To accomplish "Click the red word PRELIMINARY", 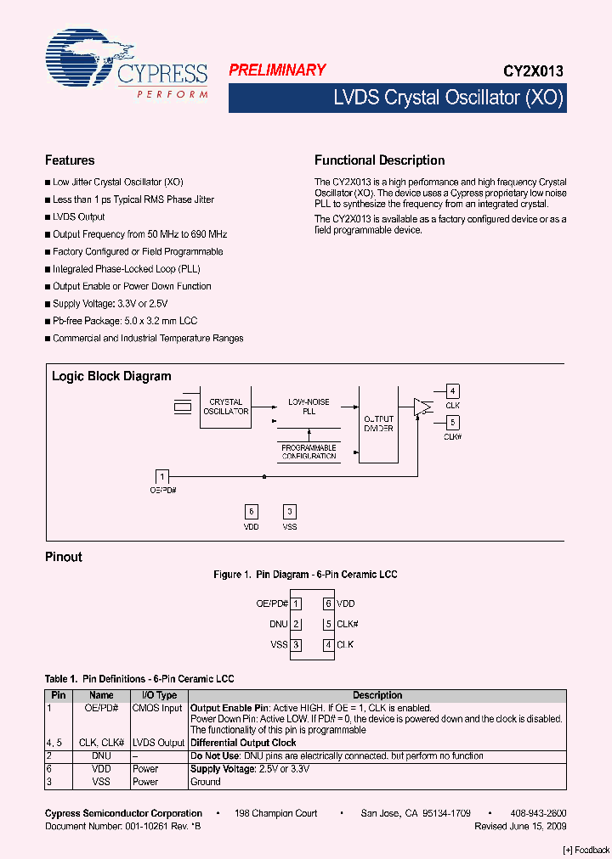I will [x=277, y=71].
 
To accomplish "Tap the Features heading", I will [x=70, y=160].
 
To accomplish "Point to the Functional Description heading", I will [x=379, y=160].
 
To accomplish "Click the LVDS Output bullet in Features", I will [x=79, y=217].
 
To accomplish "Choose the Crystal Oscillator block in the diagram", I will [x=225, y=407].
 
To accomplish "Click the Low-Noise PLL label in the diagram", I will [x=309, y=407].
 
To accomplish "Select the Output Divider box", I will [x=378, y=423].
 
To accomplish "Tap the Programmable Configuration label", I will [x=309, y=452].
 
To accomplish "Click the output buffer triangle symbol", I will [x=422, y=407].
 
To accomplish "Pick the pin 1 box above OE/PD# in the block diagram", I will [x=161, y=476].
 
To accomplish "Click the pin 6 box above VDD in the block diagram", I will [x=251, y=511].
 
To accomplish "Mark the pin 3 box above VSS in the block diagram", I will [x=290, y=511].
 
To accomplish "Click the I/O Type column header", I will [x=159, y=695].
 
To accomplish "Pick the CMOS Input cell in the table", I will [x=159, y=708].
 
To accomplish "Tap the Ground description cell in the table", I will [x=205, y=782].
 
